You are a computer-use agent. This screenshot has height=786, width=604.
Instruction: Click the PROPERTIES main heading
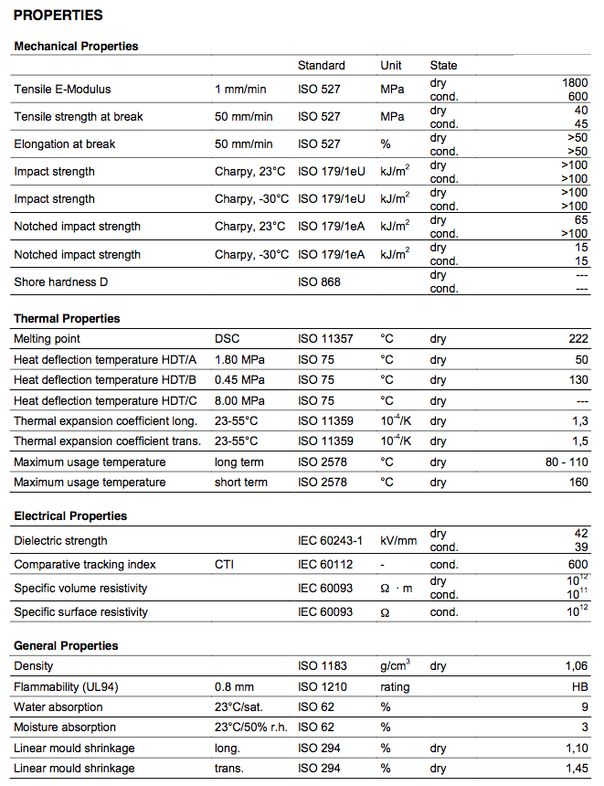click(58, 16)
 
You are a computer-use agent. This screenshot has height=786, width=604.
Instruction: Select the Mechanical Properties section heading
click(76, 46)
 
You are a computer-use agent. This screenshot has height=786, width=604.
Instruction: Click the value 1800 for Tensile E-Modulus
click(576, 82)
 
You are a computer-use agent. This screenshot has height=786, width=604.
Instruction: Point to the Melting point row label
click(47, 339)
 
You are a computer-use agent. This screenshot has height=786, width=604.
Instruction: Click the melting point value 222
click(578, 339)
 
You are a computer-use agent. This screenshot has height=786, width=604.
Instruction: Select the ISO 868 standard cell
click(319, 282)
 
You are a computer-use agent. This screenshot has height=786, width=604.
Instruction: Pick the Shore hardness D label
click(60, 282)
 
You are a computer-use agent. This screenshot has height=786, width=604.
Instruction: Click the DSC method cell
click(227, 339)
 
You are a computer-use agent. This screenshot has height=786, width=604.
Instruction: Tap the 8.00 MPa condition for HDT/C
click(239, 400)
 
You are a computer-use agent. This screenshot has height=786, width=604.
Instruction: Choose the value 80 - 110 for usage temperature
click(567, 462)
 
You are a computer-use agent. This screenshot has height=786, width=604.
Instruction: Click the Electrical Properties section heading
click(70, 516)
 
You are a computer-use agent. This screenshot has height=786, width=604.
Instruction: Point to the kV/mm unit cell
click(398, 541)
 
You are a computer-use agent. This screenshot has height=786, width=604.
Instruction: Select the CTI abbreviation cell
click(224, 565)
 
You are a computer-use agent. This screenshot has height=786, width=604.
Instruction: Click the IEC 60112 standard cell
click(325, 565)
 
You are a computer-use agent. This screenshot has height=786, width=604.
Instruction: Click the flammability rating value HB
click(580, 687)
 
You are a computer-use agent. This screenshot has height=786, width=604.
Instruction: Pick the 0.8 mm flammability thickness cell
click(234, 687)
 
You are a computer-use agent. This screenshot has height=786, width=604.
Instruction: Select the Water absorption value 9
click(585, 707)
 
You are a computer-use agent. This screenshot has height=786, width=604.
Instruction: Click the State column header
click(443, 66)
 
